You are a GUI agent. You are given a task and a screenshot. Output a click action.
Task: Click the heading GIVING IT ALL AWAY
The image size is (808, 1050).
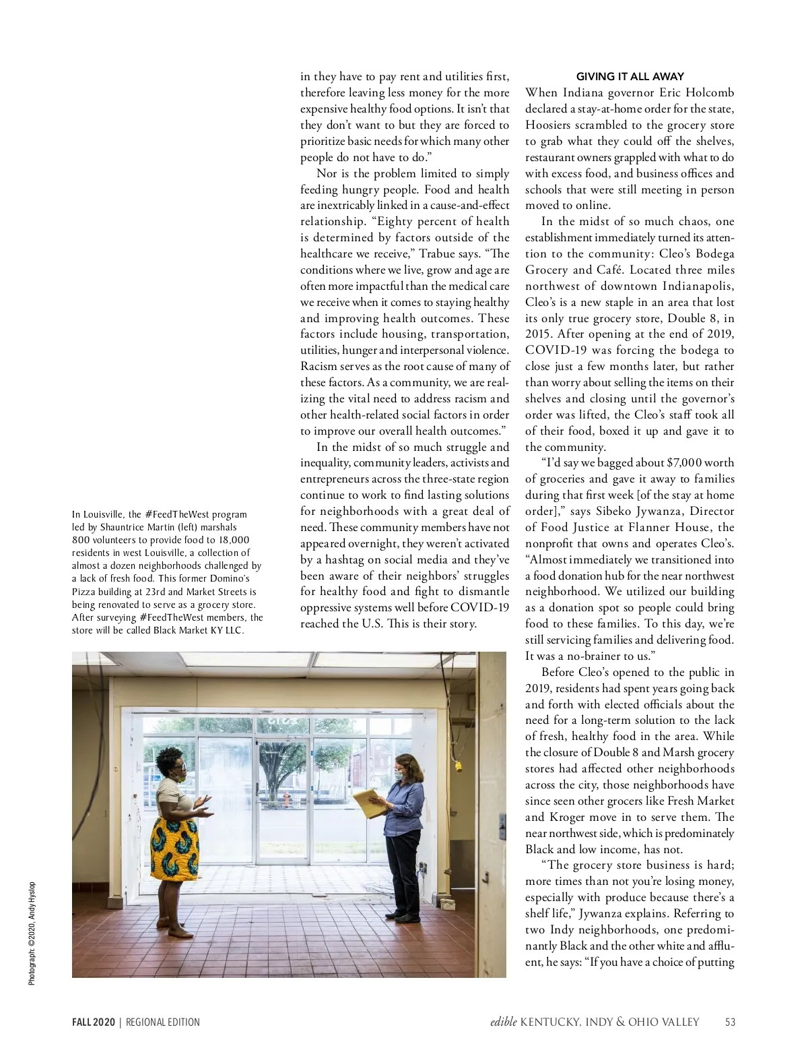630,77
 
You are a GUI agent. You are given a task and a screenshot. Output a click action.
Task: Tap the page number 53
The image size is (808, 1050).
730,1022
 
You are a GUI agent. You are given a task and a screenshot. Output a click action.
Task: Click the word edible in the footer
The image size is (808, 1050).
503,1022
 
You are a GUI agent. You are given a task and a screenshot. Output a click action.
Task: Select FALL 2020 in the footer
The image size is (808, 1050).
94,1022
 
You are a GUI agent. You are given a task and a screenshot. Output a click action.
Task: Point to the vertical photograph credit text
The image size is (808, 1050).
32,933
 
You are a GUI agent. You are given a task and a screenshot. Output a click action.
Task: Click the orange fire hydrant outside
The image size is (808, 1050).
287,800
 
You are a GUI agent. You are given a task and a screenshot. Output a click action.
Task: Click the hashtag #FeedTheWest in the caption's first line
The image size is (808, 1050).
172,514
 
